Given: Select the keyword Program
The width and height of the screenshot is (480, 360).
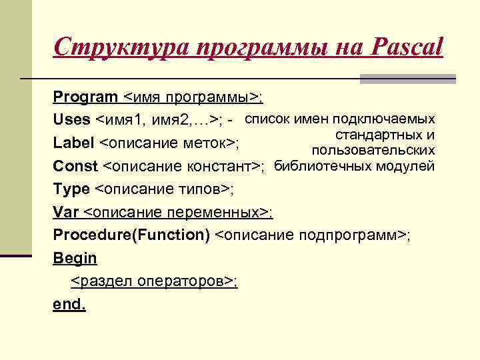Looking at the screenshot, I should coord(85,97).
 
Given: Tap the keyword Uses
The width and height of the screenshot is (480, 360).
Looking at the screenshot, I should coord(72,120).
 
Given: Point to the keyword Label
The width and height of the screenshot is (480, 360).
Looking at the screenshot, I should coord(73,143).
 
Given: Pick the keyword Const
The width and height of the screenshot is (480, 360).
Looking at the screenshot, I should coord(75,166).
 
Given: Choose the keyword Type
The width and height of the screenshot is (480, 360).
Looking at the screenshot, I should coord(71,189).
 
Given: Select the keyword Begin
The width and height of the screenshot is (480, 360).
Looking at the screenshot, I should coord(75,258).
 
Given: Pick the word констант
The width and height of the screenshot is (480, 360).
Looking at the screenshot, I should coord(227,166).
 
